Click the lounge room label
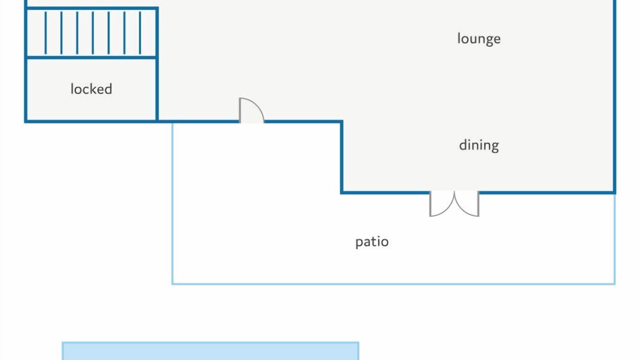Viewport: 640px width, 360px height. click(479, 39)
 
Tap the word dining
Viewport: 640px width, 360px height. click(479, 145)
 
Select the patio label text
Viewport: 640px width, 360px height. click(372, 242)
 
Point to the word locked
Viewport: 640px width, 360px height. click(91, 89)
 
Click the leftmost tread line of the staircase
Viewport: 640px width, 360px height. click(45, 32)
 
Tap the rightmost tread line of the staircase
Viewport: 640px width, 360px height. click(140, 32)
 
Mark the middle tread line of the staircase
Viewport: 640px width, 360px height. click(93, 32)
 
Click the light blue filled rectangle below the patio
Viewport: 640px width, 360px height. click(210, 351)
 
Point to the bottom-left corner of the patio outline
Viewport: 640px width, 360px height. click(172, 284)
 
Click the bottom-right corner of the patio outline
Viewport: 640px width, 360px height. click(614, 284)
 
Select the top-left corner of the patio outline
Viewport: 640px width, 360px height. click(172, 123)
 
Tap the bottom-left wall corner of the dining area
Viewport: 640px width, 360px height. click(341, 192)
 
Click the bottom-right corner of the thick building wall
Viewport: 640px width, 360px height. click(614, 192)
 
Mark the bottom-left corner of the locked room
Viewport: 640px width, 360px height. click(25, 121)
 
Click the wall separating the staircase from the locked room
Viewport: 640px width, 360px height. click(91, 57)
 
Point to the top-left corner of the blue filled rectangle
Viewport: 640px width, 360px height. click(62, 342)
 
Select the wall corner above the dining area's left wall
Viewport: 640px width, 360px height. click(341, 121)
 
